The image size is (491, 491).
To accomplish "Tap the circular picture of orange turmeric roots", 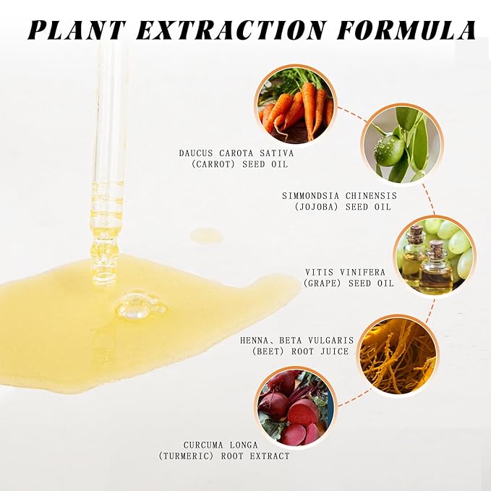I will [398, 354].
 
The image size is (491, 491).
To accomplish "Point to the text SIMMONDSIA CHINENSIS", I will [339, 195].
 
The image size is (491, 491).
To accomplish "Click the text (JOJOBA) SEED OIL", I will [342, 207].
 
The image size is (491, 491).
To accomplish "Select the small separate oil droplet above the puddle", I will [207, 235].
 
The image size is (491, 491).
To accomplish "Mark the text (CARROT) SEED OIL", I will [241, 164].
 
